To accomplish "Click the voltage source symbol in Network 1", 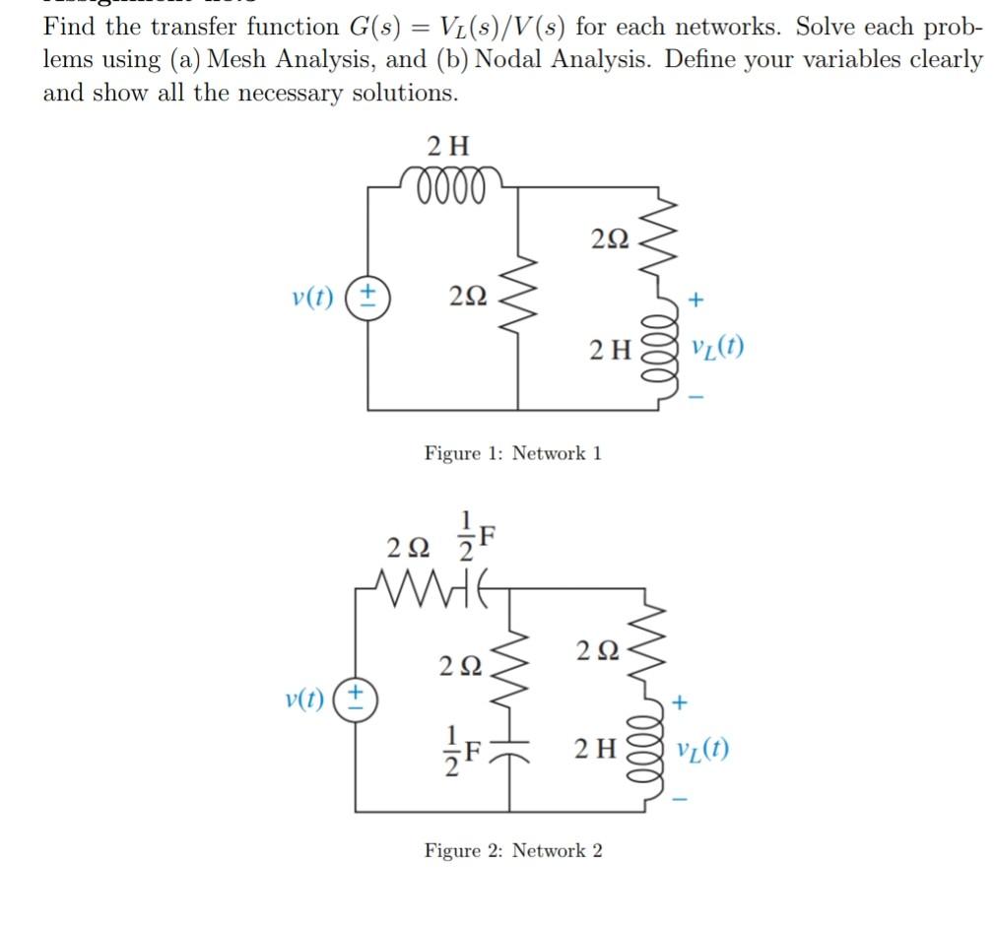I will (370, 296).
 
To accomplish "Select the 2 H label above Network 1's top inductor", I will (449, 148).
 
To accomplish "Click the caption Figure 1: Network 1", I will (512, 453).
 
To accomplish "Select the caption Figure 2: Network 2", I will (512, 850).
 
